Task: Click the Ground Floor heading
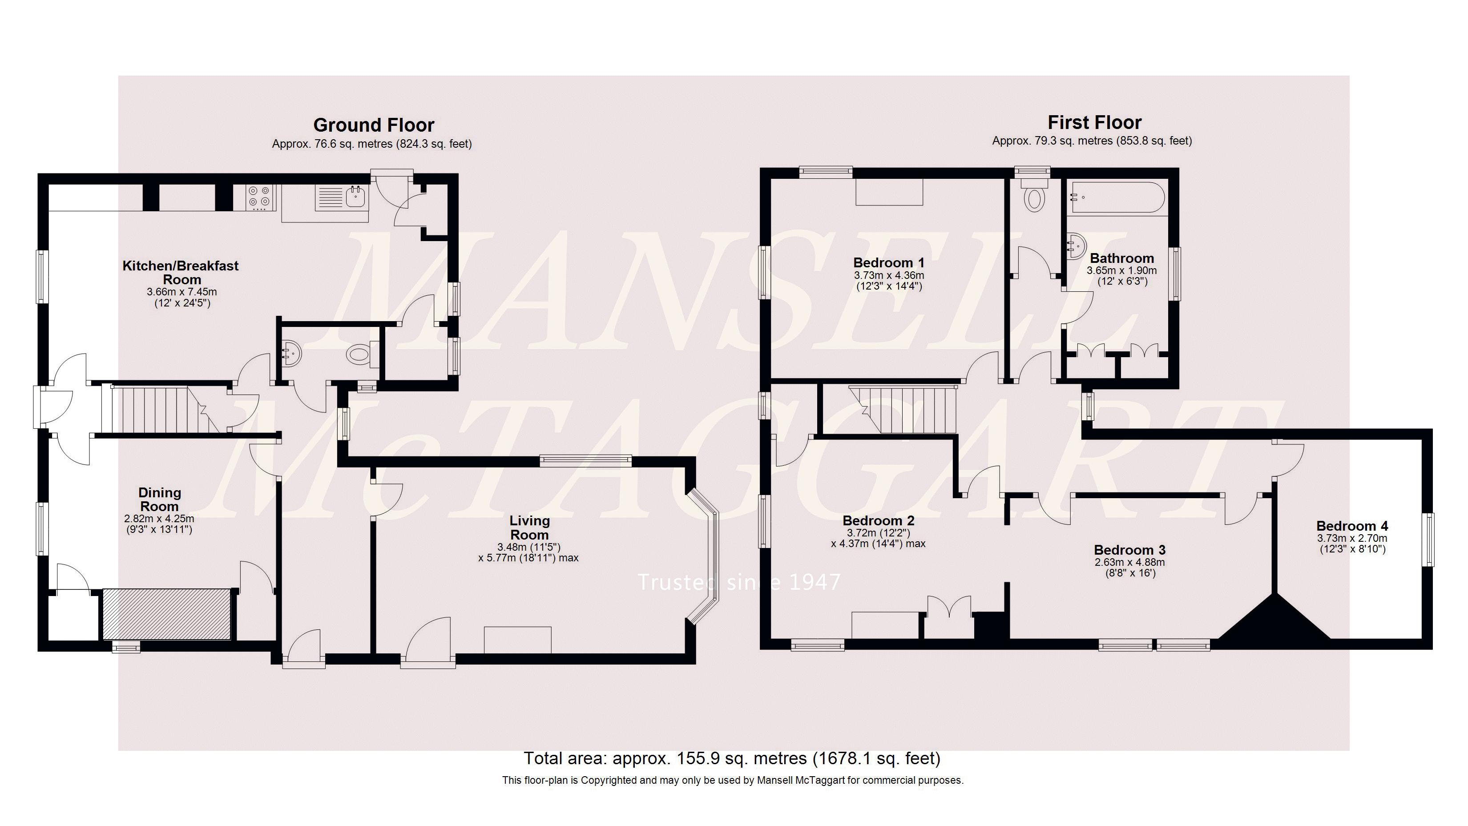373,125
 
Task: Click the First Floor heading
1094,122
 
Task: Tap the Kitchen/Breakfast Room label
181,272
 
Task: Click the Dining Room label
160,499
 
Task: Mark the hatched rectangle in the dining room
166,615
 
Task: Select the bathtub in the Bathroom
1116,197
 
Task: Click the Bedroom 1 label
888,262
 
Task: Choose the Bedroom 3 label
1129,550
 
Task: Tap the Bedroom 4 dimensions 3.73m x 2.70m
1352,538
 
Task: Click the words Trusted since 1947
738,582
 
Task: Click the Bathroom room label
1121,258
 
